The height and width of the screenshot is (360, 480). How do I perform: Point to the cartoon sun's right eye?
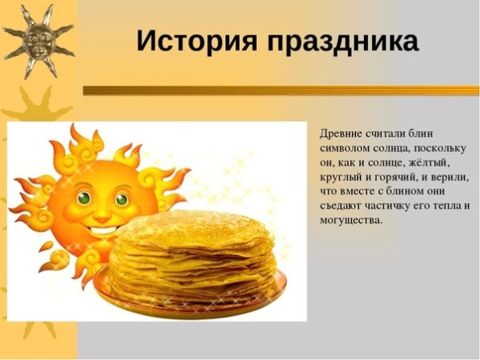pyautogui.click(x=121, y=197)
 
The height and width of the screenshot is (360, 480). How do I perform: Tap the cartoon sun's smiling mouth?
pyautogui.click(x=103, y=225)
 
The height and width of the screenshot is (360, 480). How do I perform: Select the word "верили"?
pyautogui.click(x=449, y=176)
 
